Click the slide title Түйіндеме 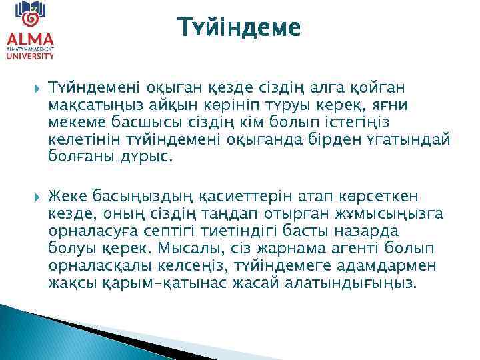(239, 28)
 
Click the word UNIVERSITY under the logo (30, 57)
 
